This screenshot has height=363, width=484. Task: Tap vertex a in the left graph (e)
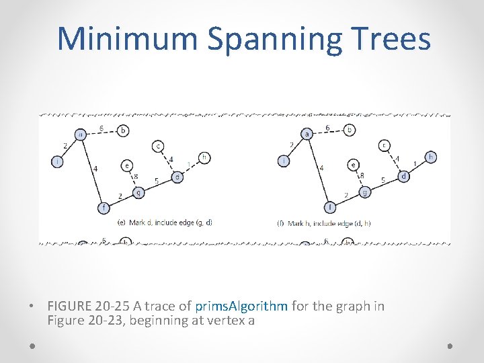80,134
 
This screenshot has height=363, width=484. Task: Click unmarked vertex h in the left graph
204,158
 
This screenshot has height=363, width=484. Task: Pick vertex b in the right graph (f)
349,130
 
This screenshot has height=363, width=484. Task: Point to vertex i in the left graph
58,161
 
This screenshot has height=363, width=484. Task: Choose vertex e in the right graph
353,164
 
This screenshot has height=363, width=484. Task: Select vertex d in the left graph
177,177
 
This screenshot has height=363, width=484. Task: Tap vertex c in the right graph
384,145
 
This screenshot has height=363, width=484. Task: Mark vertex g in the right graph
364,192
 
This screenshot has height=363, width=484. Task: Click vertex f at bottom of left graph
104,208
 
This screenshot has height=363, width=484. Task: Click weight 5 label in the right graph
382,181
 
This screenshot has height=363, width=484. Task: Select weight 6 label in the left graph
101,128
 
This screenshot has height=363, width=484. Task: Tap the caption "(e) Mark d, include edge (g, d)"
164,222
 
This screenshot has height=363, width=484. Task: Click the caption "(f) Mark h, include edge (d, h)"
323,223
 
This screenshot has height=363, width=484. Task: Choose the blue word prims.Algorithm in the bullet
241,307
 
